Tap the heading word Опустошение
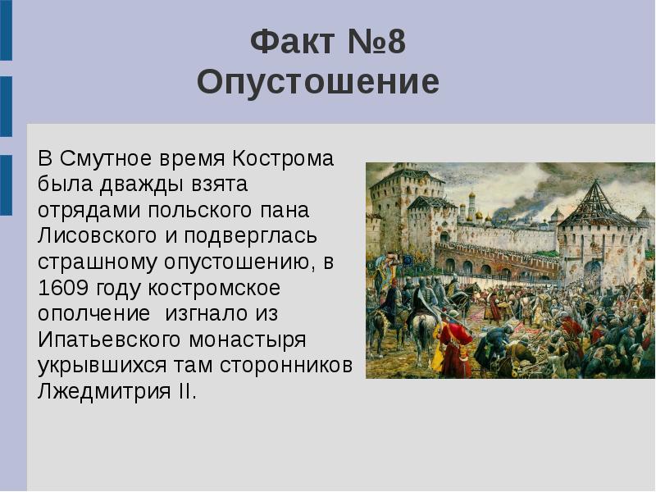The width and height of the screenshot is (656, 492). coord(318,83)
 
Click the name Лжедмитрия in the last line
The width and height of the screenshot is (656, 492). coord(100,390)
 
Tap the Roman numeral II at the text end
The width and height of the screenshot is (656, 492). coord(186,390)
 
